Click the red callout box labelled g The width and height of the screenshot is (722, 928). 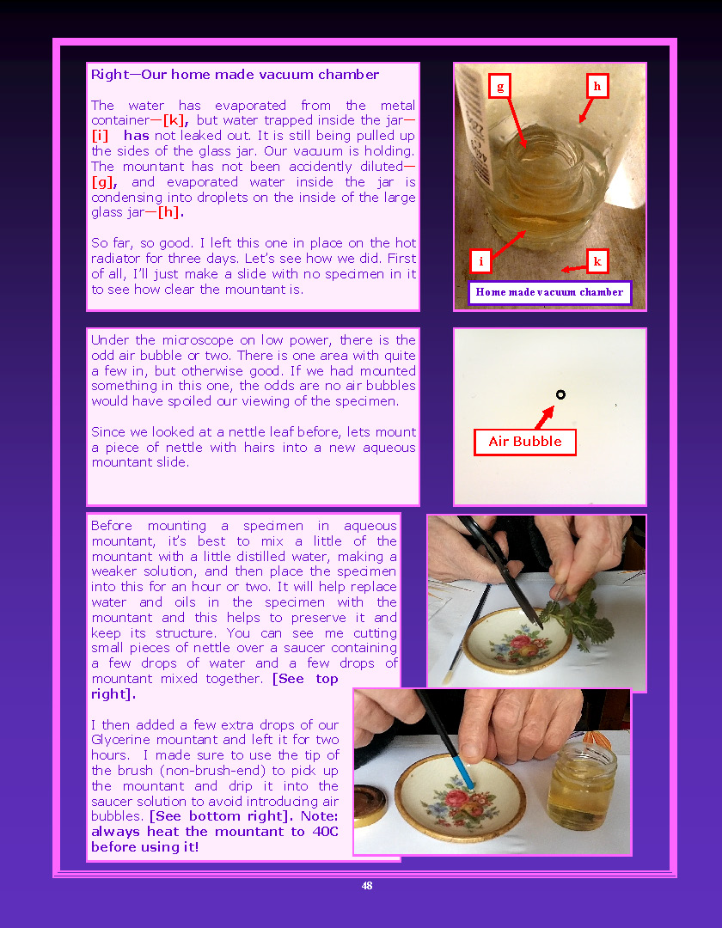(500, 87)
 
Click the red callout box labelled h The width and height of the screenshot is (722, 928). (597, 86)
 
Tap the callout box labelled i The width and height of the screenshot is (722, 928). (480, 261)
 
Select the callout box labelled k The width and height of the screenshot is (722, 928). (597, 261)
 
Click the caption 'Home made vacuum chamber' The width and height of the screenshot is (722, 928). (549, 292)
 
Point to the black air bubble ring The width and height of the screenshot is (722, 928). (560, 394)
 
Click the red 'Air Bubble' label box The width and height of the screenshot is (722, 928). (525, 442)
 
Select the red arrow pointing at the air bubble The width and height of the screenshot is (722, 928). (544, 418)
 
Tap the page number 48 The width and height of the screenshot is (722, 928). (367, 885)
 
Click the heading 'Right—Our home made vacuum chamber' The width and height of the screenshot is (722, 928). (235, 75)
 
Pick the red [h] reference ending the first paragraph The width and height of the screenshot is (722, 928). (170, 212)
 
